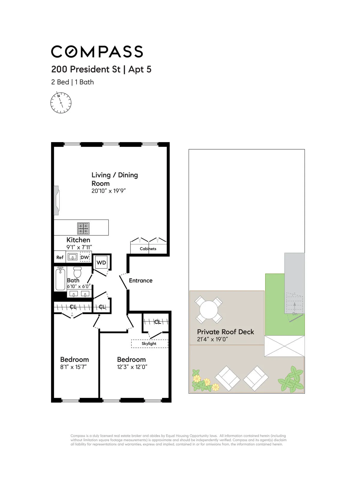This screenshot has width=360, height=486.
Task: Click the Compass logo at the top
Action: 97,52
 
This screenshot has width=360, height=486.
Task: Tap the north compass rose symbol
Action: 61,103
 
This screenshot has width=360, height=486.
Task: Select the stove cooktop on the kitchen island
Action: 83,228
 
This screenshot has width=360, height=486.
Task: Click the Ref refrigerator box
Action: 60,257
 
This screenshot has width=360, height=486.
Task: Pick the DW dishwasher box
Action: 85,257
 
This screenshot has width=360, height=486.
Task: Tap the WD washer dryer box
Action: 101,263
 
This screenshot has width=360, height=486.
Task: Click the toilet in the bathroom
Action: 77,272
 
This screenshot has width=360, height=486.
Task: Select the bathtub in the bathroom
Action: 60,279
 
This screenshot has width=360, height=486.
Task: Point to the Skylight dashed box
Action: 149,344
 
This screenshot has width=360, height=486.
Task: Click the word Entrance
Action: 140,281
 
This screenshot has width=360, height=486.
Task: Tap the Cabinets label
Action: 148,249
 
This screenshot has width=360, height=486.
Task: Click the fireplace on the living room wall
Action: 56,200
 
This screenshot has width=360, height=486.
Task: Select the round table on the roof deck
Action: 209,310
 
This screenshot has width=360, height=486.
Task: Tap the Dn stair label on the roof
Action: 295,314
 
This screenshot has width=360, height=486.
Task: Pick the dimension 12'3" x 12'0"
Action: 132,367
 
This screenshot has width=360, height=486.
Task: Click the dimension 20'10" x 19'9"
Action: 108,191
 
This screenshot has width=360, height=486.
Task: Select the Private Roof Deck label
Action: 225,332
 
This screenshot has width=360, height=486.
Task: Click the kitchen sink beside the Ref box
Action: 73,257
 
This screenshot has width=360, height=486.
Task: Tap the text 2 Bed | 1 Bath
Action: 72,82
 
